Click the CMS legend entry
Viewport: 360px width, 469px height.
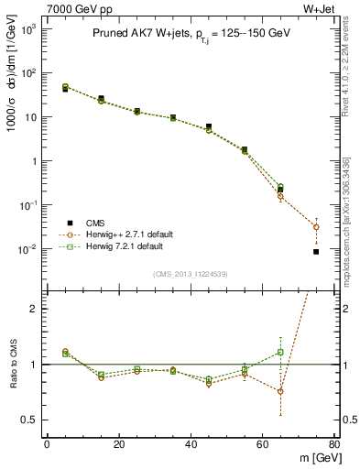94,223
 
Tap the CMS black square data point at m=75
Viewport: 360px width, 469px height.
316,252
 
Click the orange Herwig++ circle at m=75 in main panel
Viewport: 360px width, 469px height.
316,227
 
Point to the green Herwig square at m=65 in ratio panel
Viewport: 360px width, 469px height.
280,352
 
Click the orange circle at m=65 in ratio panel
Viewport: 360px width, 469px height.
280,391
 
